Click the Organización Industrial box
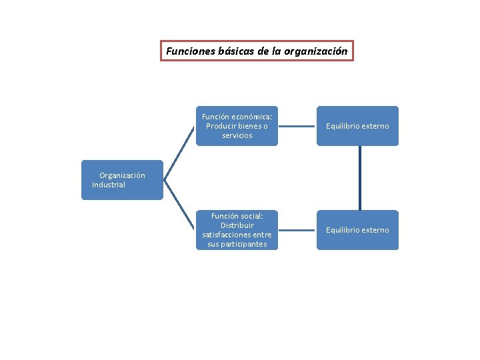pyautogui.click(x=122, y=180)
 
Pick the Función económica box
pyautogui.click(x=237, y=126)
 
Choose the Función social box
pyautogui.click(x=237, y=230)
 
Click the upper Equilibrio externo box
pyautogui.click(x=357, y=126)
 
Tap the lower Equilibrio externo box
pyautogui.click(x=357, y=230)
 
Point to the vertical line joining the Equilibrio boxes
pyautogui.click(x=359, y=178)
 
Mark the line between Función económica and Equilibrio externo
pyautogui.click(x=297, y=126)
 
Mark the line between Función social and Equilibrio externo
pyautogui.click(x=297, y=230)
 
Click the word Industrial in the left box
pyautogui.click(x=109, y=185)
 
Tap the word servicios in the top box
pyautogui.click(x=237, y=135)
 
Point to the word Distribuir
pyautogui.click(x=237, y=225)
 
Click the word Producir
pyautogui.click(x=221, y=126)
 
